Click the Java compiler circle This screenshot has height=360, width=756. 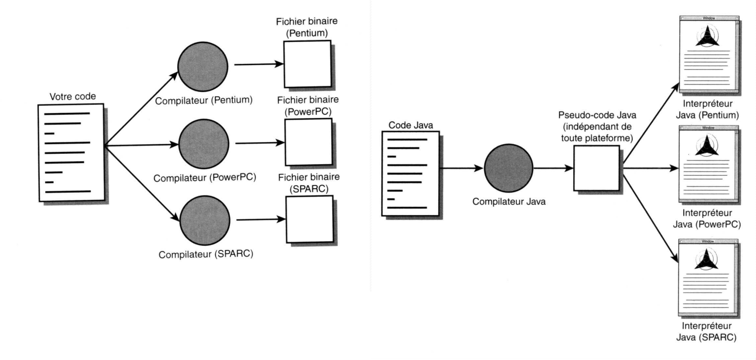[508, 168]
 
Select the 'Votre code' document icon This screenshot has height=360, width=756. [71, 152]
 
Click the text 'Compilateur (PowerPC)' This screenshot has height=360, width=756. [204, 177]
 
